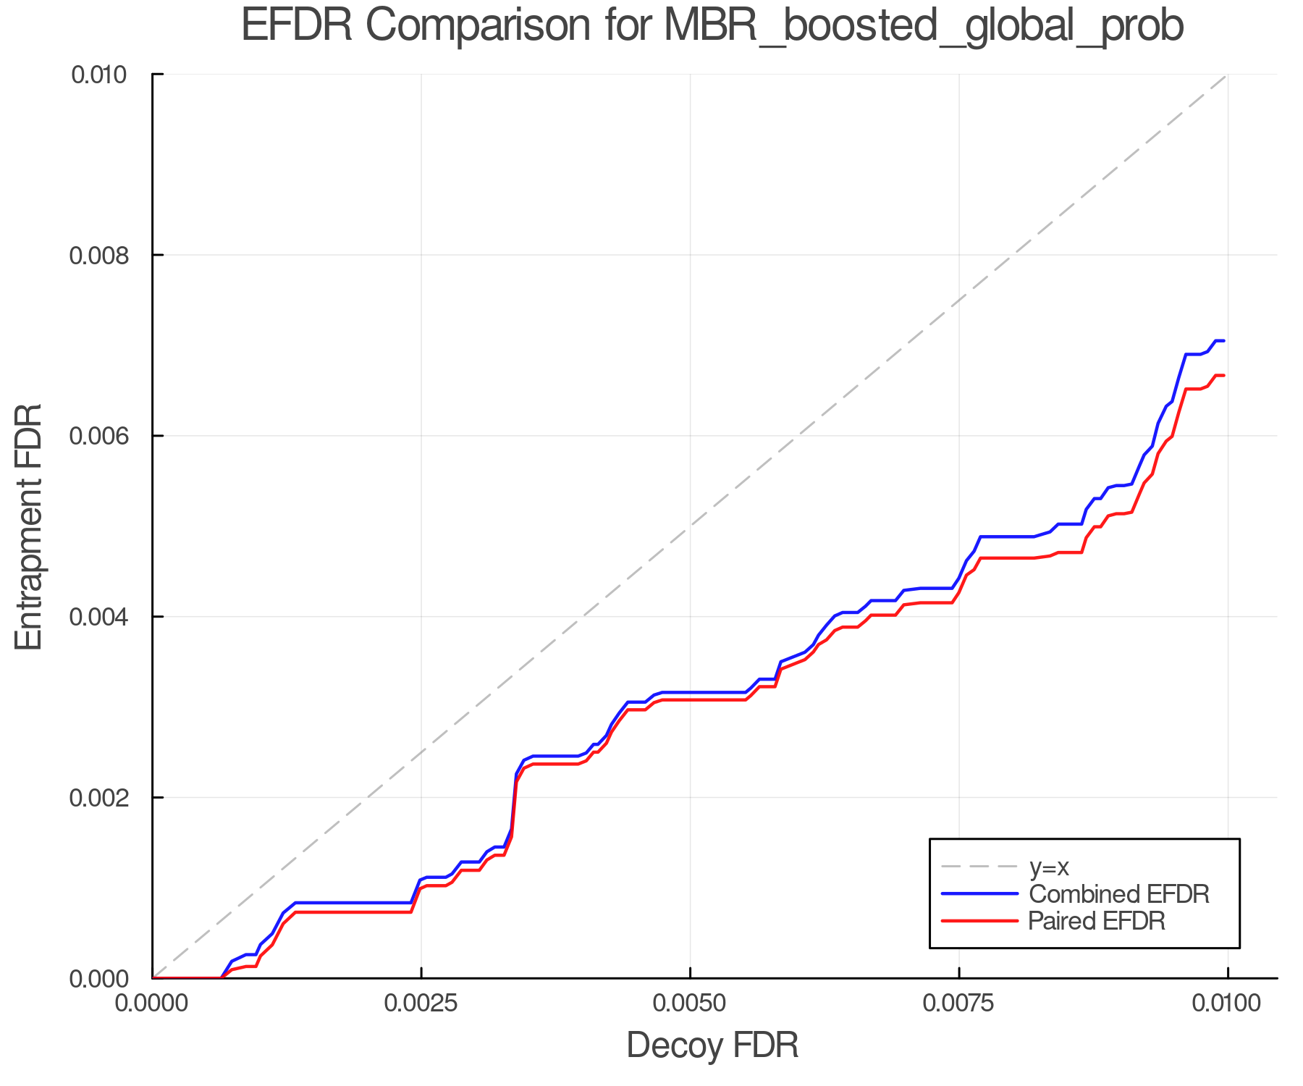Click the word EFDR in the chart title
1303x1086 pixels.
point(297,26)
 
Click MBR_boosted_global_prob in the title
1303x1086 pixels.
point(923,26)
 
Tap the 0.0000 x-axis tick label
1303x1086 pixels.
point(152,1003)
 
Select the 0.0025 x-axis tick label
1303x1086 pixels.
point(421,1003)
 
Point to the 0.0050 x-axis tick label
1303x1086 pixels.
point(690,1003)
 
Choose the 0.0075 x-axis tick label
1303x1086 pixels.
point(959,1003)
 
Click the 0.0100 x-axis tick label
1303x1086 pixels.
point(1227,1003)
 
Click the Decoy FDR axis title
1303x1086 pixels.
point(712,1045)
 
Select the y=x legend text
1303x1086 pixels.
point(1049,867)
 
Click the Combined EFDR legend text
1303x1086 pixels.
point(1118,894)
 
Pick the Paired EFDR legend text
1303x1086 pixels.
point(1096,921)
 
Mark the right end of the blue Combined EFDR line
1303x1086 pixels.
point(1223,340)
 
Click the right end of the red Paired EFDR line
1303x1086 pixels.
point(1223,375)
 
